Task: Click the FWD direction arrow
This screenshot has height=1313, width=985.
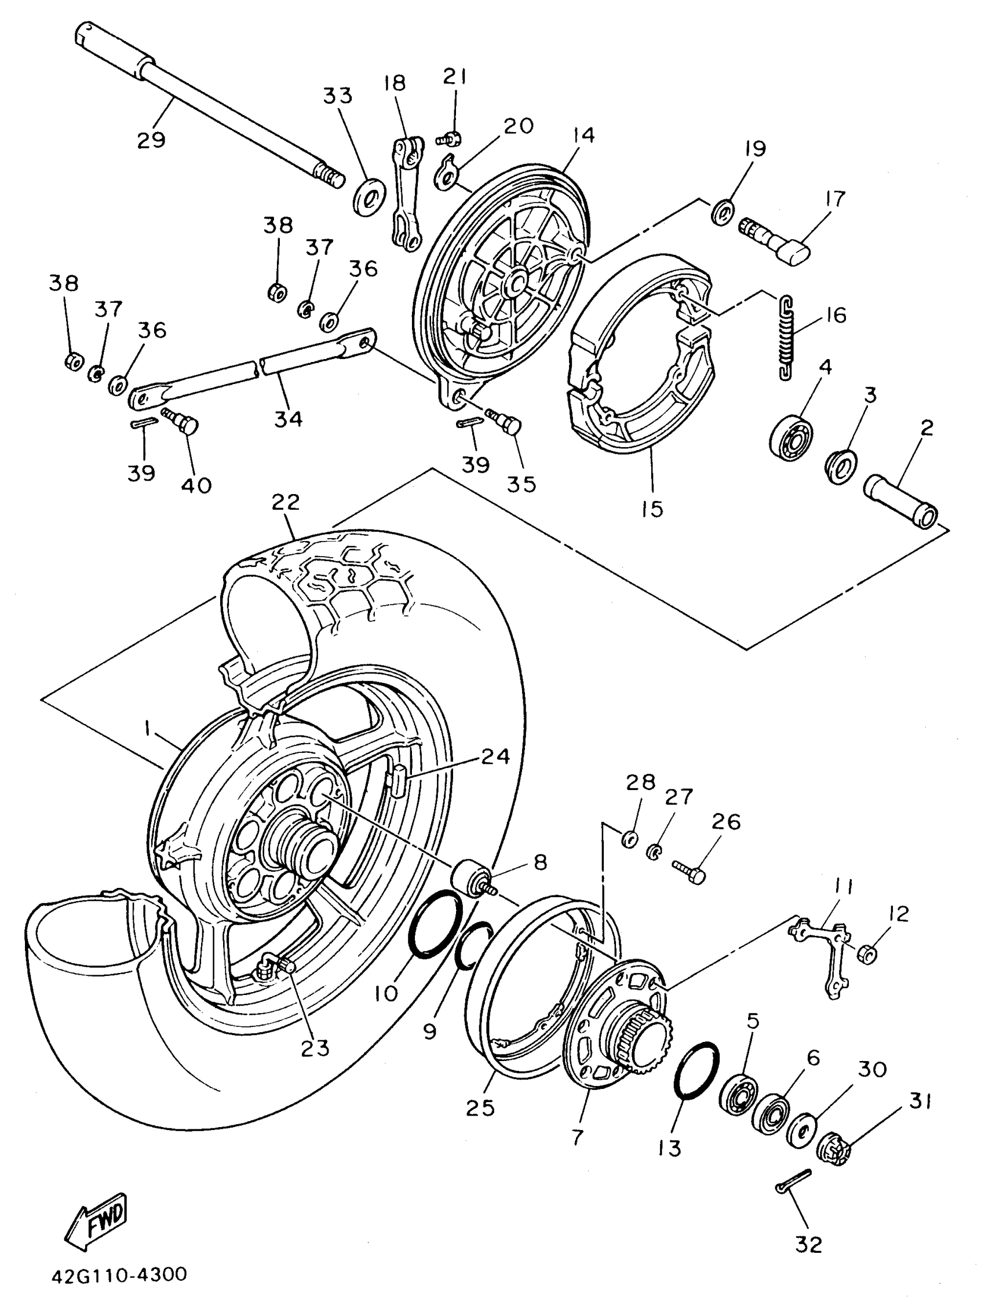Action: coord(96,1217)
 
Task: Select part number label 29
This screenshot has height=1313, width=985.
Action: coord(151,141)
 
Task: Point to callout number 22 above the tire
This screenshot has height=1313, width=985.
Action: coord(286,503)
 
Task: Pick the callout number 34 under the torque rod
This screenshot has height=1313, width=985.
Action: coord(289,419)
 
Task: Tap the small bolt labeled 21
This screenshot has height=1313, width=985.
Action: coord(450,138)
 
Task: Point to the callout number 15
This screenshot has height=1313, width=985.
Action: coord(652,509)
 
